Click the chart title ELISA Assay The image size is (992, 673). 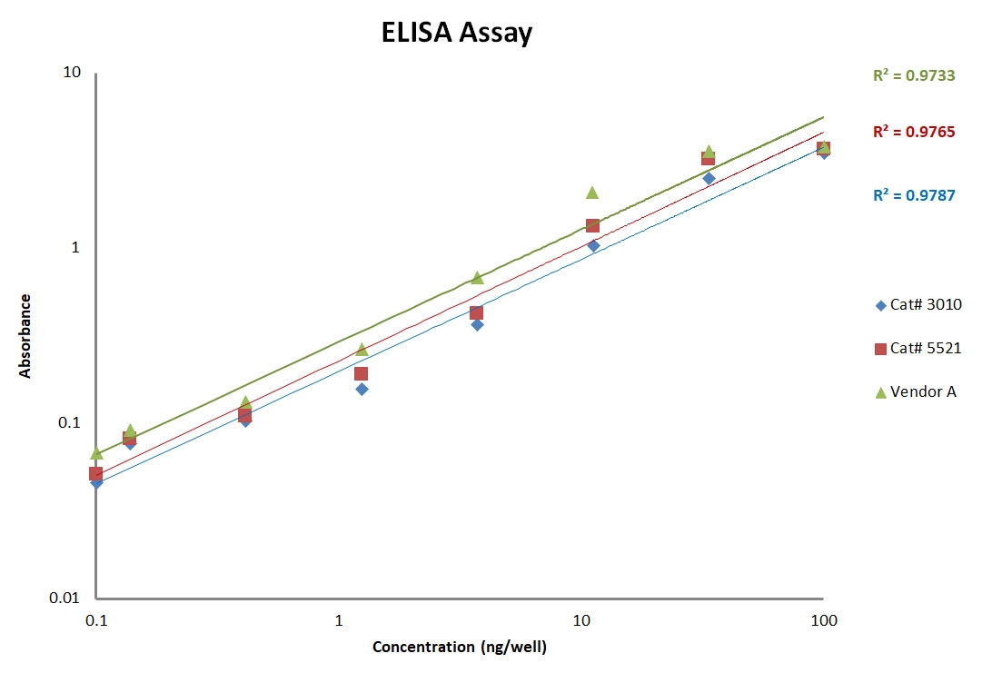point(455,34)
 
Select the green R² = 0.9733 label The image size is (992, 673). point(914,76)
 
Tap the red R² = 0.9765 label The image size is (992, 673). point(914,133)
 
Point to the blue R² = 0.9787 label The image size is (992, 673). point(914,194)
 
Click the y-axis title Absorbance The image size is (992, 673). point(25,335)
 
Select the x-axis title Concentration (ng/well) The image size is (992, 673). point(460,648)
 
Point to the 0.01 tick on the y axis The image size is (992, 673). point(66,598)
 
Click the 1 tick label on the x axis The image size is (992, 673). point(339,620)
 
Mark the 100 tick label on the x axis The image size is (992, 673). point(823,620)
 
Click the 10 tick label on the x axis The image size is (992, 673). point(581,620)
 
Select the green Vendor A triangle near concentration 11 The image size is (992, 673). point(592,192)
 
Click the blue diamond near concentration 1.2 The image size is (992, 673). point(362,389)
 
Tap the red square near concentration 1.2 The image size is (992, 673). point(361,373)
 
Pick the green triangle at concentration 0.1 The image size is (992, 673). point(96,452)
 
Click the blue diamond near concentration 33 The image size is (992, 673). point(709,178)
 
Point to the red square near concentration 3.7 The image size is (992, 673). point(476,313)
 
